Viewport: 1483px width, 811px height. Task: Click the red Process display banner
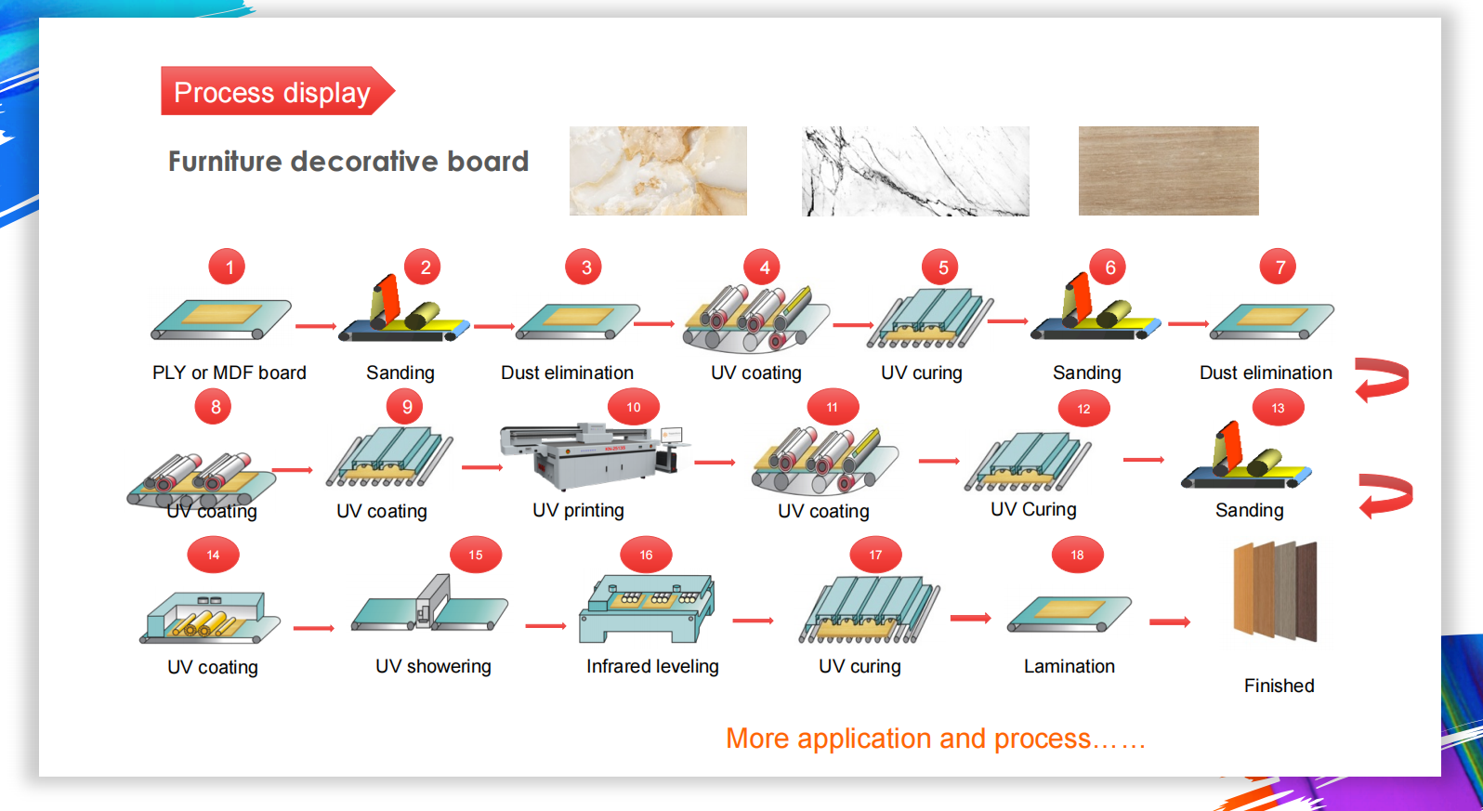click(x=272, y=91)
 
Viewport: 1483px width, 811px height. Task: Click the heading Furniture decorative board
click(x=348, y=162)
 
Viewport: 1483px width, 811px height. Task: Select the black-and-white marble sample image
click(x=915, y=171)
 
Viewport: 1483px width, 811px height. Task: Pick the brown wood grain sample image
click(x=1168, y=171)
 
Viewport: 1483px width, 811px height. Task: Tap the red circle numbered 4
click(x=763, y=268)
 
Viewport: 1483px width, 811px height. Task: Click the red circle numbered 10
click(x=634, y=407)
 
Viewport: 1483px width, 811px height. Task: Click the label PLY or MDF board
click(x=230, y=373)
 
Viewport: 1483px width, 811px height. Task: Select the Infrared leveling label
click(x=652, y=666)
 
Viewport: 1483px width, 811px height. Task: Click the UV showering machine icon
click(x=430, y=606)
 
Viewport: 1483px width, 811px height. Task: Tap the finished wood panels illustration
click(x=1275, y=591)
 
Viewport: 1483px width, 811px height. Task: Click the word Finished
click(x=1279, y=686)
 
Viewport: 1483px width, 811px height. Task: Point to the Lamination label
click(x=1069, y=666)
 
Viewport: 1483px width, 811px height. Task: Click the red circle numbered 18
click(x=1077, y=555)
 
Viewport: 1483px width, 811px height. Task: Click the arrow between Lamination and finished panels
click(x=1169, y=621)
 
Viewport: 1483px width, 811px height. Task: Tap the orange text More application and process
click(x=935, y=739)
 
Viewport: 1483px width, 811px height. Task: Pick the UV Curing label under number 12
click(x=1033, y=509)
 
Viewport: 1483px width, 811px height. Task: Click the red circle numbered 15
click(x=476, y=555)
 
